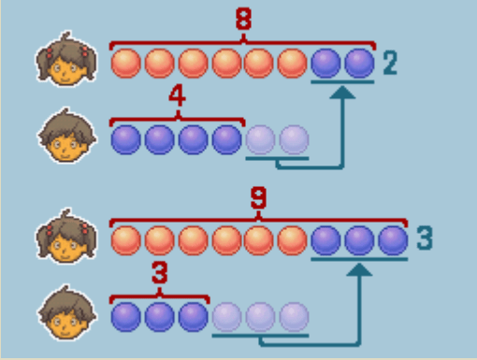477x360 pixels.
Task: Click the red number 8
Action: tap(243, 19)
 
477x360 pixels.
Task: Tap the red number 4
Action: tap(177, 96)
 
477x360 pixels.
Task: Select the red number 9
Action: tap(258, 197)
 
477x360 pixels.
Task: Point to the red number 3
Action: tap(160, 272)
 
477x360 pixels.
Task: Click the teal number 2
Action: tap(390, 63)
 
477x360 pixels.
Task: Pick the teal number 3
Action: tap(425, 238)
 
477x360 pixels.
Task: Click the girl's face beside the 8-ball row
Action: tap(66, 59)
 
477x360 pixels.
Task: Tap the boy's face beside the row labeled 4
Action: tap(66, 136)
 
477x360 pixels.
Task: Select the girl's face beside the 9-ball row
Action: tap(66, 237)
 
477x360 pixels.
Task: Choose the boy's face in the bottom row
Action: tap(66, 312)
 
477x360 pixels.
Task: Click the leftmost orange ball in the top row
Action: tap(126, 63)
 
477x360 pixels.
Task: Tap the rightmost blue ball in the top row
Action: tap(359, 63)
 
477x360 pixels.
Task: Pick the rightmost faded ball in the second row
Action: tap(294, 139)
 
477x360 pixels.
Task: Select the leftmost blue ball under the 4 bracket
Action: tap(126, 139)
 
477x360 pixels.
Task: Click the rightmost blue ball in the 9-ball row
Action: tap(393, 240)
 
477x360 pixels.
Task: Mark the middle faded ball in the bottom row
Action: tap(260, 317)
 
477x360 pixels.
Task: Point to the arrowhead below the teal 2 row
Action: tap(342, 93)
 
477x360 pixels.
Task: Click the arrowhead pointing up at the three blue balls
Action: tap(359, 269)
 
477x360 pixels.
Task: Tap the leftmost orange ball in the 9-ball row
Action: tap(126, 240)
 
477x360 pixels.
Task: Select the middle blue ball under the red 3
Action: tap(160, 317)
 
